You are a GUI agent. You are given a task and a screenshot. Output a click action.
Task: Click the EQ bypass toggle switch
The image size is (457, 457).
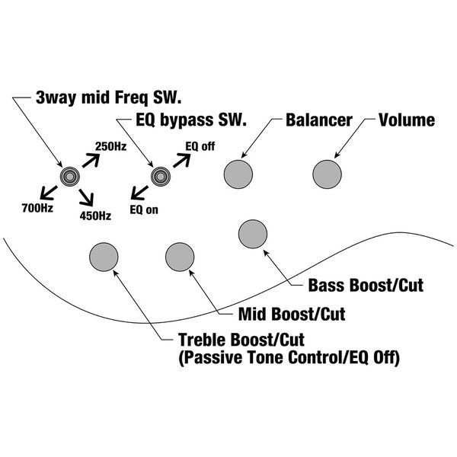point(160,177)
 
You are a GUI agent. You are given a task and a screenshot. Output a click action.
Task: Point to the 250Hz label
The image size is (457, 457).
point(110,145)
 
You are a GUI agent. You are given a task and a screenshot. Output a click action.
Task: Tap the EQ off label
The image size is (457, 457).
point(200,145)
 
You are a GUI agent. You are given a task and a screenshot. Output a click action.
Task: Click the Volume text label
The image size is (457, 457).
point(407,120)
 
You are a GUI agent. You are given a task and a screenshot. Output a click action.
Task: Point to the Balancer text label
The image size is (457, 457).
point(318,120)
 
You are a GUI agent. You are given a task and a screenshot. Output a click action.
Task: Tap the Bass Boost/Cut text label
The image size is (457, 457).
point(365,286)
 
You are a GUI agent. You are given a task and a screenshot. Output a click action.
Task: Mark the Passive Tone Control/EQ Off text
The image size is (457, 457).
point(289,354)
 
